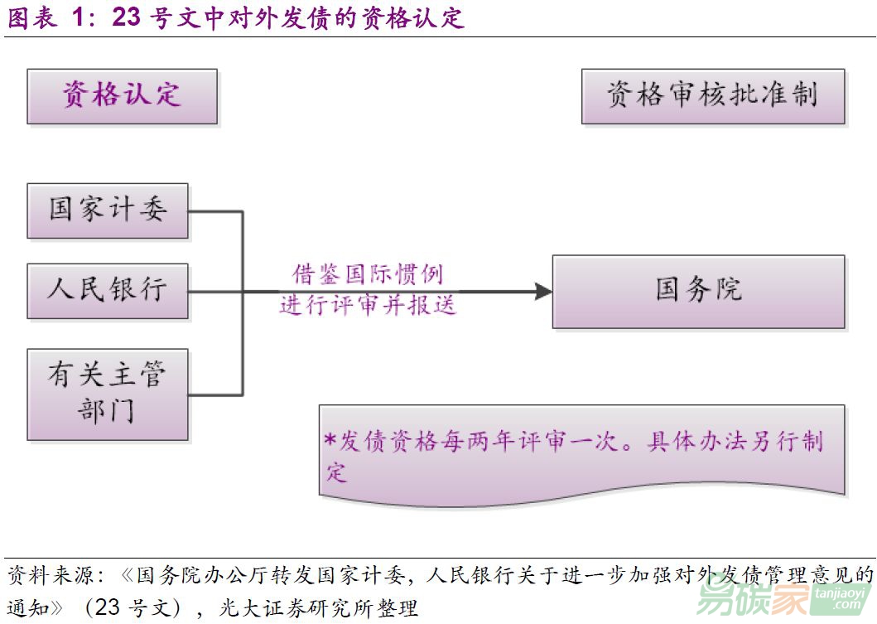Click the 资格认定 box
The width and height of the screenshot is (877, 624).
[122, 96]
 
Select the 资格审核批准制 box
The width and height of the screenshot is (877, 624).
[712, 95]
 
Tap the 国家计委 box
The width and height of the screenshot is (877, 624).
[108, 210]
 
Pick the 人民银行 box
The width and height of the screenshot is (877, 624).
[108, 291]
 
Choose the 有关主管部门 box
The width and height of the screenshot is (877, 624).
[108, 394]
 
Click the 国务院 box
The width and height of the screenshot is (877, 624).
[698, 291]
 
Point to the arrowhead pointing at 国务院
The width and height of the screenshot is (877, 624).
[543, 291]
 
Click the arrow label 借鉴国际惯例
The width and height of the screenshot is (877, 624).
[368, 274]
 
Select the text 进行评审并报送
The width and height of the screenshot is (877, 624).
[368, 305]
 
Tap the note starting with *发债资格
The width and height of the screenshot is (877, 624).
[580, 452]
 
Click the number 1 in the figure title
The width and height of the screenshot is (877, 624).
[79, 17]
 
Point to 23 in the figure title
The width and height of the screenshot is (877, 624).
[127, 17]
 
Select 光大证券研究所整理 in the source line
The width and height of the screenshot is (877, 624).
[318, 607]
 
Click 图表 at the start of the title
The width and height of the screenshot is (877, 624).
[32, 17]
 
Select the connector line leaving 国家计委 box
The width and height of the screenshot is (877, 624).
[215, 211]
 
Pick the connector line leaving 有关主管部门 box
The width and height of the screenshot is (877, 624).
[215, 394]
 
